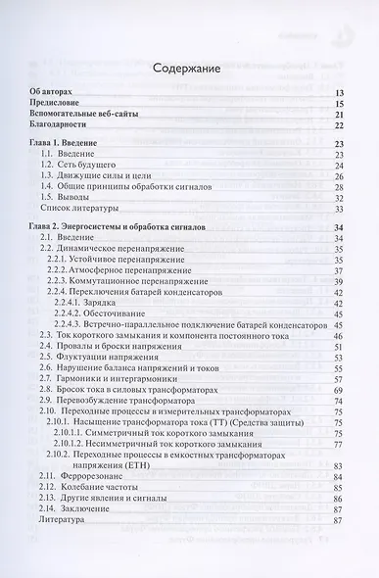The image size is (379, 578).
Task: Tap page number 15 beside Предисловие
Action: point(339,103)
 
